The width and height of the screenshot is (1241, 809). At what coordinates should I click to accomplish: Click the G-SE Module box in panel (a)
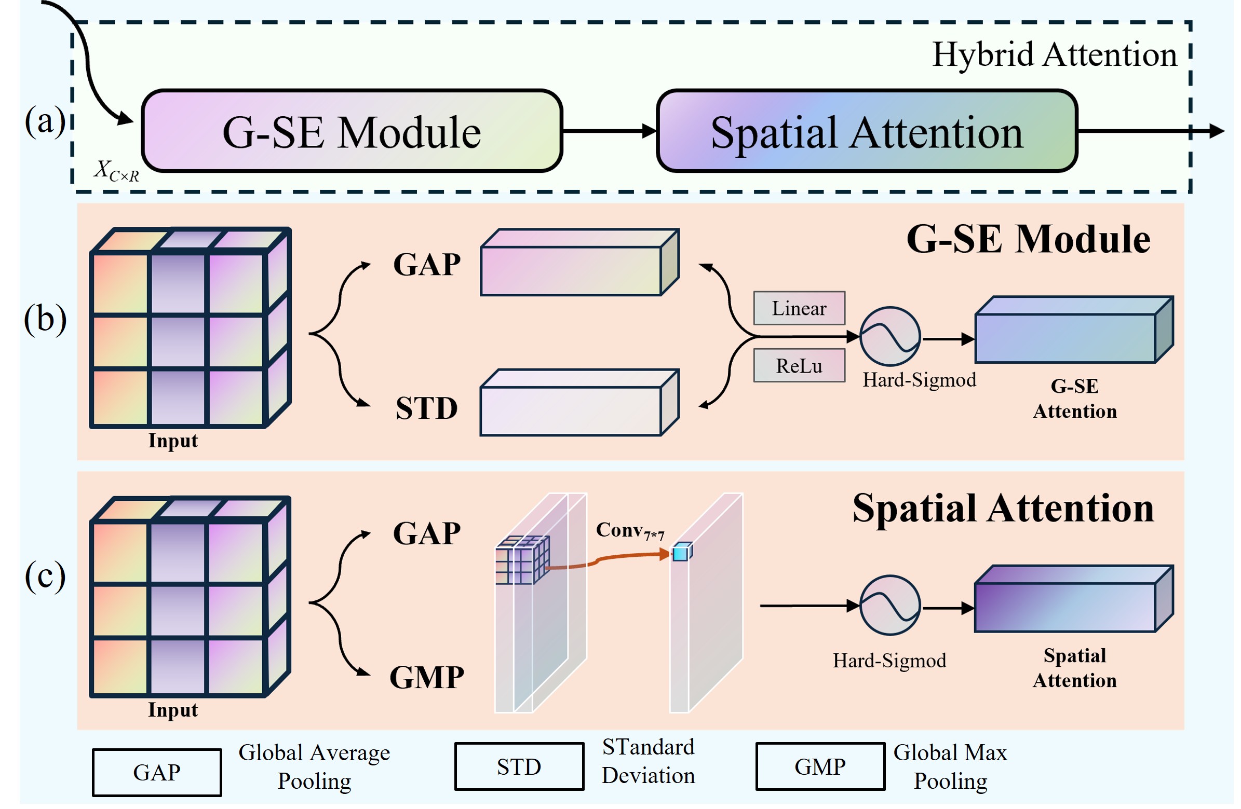coord(353,131)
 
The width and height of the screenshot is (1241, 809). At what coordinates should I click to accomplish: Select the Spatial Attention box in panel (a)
coord(867,131)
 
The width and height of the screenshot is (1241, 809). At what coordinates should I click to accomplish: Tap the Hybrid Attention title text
coord(1054,54)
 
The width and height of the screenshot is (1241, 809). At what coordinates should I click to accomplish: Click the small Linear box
coord(799,309)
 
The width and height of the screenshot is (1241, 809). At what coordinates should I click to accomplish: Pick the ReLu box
coord(799,366)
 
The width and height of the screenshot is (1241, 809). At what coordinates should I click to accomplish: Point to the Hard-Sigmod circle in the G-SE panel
coord(890,337)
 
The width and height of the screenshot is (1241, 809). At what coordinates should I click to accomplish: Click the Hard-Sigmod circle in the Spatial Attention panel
coord(890,606)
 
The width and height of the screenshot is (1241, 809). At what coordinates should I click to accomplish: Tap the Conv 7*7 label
coord(630,532)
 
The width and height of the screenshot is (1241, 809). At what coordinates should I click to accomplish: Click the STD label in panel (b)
coord(426,409)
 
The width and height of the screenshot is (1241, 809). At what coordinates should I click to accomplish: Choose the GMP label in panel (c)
coord(426,678)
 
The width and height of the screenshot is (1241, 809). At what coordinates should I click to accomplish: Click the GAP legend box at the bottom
coord(157,773)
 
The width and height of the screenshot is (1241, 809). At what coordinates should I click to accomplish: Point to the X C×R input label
coord(116,171)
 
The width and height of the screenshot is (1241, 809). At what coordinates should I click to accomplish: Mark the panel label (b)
coord(45,319)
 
